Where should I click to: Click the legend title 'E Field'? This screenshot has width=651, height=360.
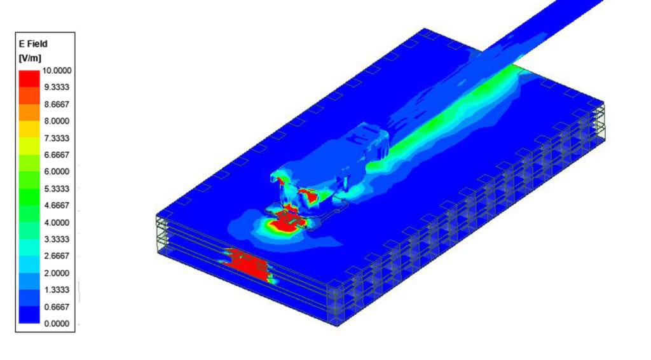[x=33, y=44]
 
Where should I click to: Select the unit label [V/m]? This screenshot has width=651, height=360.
[x=30, y=58]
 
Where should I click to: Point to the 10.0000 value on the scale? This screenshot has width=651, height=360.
[x=57, y=71]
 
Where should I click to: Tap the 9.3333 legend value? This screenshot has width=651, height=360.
[x=57, y=87]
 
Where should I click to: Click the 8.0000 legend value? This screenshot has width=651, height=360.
[x=57, y=121]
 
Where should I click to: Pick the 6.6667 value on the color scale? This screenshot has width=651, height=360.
[x=57, y=155]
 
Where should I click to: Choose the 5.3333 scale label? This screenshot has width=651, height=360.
[x=57, y=188]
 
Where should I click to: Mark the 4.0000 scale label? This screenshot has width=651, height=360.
[x=57, y=223]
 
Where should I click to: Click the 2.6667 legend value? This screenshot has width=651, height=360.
[x=57, y=256]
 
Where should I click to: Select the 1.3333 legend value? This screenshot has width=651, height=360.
[x=57, y=290]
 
